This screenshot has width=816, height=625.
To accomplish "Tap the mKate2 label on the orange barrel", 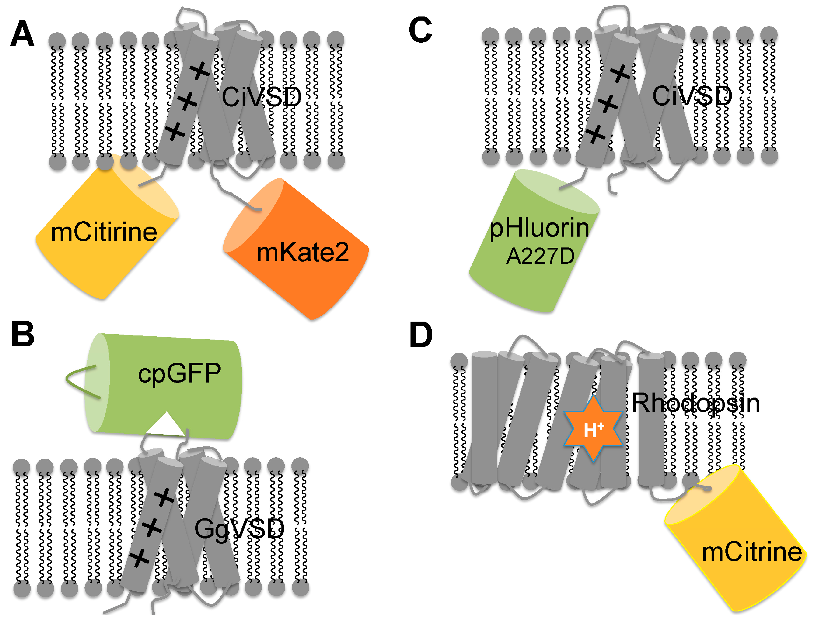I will [303, 252].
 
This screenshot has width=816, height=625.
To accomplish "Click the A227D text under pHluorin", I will [540, 256].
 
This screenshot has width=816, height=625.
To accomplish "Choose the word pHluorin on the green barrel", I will [539, 228].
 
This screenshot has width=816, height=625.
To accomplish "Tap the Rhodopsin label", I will [695, 403].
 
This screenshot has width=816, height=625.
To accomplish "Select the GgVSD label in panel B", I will [239, 529].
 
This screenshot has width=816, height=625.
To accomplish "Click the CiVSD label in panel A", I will [261, 97].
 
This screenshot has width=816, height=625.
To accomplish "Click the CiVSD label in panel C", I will [692, 96].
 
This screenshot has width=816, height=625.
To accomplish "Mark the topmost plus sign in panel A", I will [200, 71].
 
